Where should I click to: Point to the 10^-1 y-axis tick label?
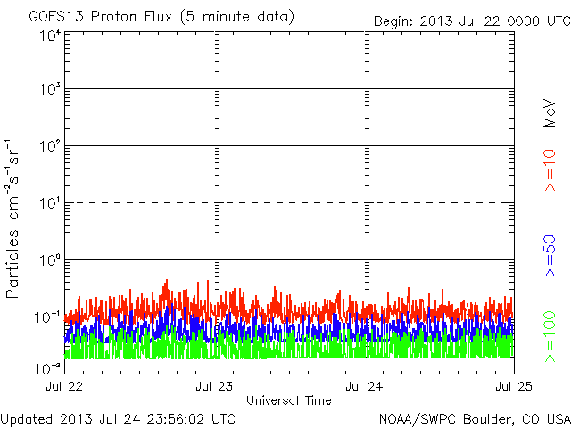48,317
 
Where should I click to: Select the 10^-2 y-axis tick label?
48,368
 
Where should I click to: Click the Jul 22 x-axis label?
66,387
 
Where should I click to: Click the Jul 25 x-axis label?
512,387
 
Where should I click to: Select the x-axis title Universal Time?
288,400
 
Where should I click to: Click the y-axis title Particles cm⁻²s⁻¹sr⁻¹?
15,218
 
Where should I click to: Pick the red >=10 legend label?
550,169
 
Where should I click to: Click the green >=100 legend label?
550,337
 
